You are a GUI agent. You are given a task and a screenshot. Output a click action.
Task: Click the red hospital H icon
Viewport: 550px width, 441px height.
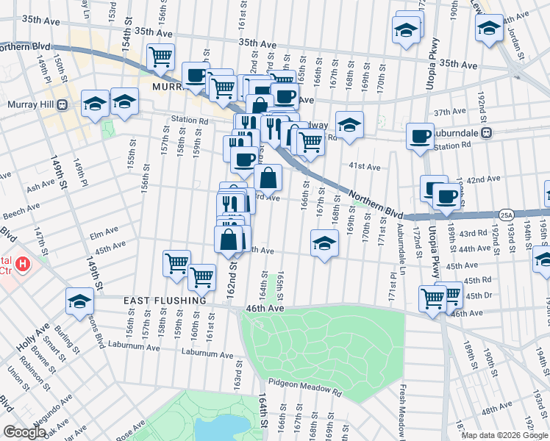(x=24, y=262)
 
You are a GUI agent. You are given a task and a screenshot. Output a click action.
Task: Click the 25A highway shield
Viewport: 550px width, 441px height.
(x=506, y=215)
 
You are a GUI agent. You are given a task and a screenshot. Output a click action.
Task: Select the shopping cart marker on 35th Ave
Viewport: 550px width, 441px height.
(x=160, y=57)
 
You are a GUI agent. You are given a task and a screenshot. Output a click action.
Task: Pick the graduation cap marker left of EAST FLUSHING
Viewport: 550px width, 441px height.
(x=79, y=301)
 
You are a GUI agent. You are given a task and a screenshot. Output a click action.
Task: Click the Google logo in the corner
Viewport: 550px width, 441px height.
(x=24, y=432)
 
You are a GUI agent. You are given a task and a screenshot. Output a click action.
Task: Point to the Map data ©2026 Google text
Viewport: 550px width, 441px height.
(x=504, y=435)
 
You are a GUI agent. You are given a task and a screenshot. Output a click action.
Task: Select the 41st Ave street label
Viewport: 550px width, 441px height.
(x=365, y=168)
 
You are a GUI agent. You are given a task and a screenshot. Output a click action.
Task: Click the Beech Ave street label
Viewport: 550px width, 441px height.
(x=21, y=211)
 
